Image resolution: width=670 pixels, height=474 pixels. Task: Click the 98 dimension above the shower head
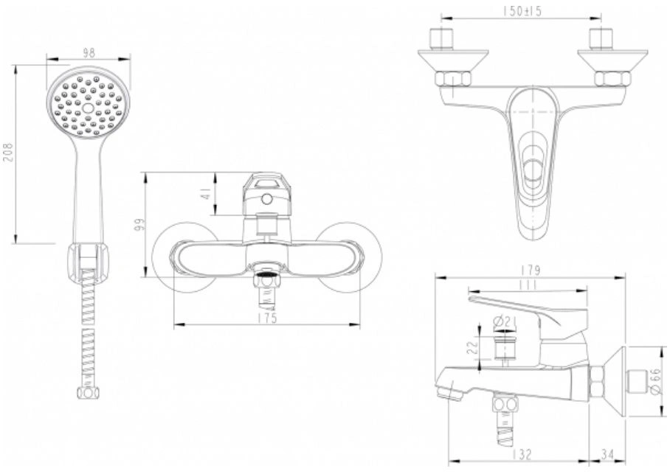pos(89,53)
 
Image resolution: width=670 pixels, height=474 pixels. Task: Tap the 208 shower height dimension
pos(9,152)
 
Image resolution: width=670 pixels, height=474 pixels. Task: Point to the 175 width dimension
pos(268,318)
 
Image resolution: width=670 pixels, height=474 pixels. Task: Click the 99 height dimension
pos(139,225)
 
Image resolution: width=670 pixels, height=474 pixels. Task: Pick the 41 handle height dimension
pos(207,195)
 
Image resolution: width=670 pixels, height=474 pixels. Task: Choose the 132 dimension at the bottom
pos(520,454)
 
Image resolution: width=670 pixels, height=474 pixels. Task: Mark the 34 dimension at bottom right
pos(607,454)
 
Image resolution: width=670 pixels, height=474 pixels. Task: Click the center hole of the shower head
pos(88,108)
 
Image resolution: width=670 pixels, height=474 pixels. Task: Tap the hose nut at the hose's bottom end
pos(88,394)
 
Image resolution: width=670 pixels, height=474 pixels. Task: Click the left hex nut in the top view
pos(453,79)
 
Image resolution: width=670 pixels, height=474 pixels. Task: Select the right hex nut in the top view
pos(612,79)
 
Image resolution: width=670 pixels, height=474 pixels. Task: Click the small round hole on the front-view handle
pos(266,198)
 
